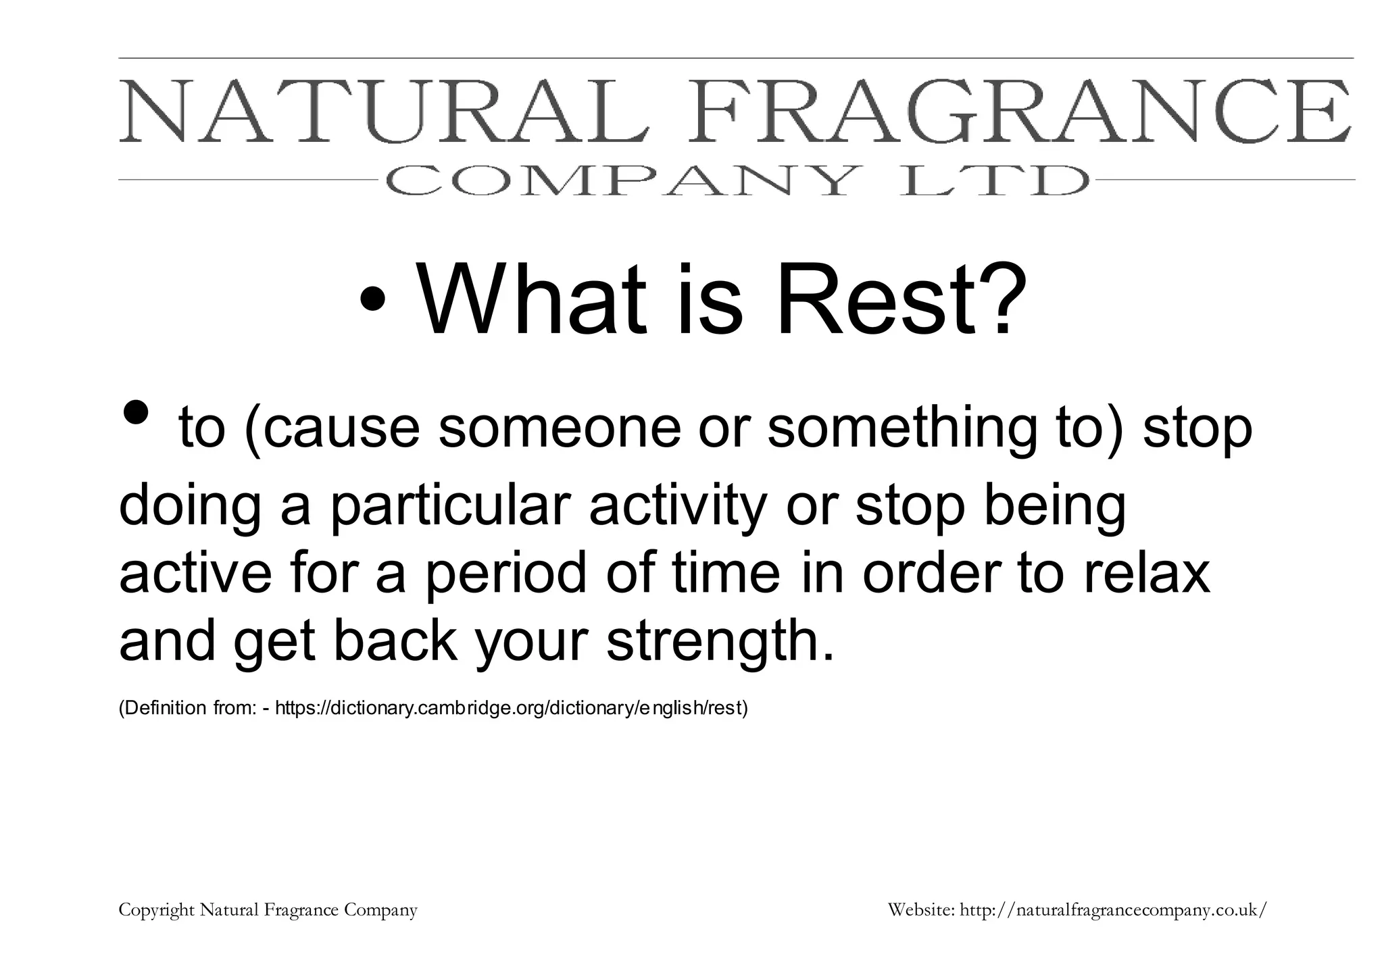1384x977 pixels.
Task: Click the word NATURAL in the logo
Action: point(384,111)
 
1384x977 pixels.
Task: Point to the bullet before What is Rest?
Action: point(374,298)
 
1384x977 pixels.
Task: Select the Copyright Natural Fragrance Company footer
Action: point(268,910)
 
